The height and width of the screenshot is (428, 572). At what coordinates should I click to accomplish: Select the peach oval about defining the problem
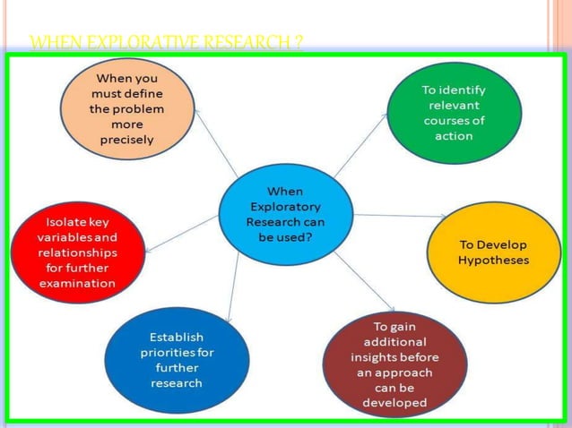126,108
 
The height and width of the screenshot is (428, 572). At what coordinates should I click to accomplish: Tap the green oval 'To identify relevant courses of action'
454,113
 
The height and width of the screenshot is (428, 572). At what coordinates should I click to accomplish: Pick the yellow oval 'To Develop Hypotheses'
493,252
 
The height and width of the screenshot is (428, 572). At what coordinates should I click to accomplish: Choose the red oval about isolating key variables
76,252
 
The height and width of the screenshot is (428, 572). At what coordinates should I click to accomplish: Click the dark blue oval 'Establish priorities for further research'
176,360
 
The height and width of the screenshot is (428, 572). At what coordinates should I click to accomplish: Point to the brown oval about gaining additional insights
394,364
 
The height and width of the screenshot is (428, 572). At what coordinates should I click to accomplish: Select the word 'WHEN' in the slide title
50,42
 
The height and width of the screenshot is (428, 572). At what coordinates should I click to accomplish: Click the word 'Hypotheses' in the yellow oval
493,261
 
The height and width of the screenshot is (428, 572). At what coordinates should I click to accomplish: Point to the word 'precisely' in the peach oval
126,140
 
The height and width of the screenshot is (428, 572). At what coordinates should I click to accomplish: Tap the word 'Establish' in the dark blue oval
177,337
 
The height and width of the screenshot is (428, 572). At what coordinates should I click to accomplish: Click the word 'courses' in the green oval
454,121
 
